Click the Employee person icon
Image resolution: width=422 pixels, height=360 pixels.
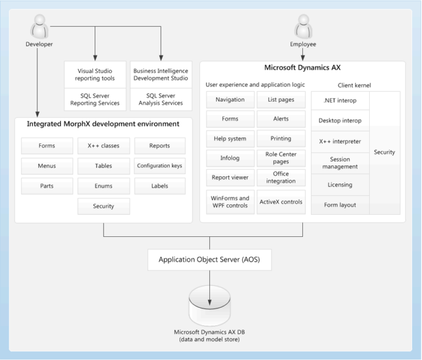point(303,26)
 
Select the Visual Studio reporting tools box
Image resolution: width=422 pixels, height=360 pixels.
point(96,75)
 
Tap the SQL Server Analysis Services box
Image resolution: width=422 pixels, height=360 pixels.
point(160,99)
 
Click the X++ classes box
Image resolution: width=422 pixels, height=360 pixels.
point(103,146)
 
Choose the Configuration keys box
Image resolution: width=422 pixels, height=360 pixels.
point(160,166)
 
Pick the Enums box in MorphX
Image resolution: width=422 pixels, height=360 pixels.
point(103,186)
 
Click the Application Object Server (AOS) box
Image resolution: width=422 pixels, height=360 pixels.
point(210,259)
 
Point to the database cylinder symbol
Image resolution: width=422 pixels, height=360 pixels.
point(209,305)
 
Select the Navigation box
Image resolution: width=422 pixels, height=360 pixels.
point(230,99)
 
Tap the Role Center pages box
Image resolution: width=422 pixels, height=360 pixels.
point(281,158)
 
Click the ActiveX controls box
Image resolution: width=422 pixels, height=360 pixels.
point(281,202)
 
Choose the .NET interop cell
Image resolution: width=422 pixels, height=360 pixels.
point(340,101)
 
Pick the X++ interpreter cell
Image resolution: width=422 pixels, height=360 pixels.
point(340,141)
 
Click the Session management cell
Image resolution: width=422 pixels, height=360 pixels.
point(340,163)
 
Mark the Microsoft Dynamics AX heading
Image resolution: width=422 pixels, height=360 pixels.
point(302,68)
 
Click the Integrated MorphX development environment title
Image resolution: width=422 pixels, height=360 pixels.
point(103,124)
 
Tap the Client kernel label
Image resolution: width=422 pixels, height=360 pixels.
point(354,85)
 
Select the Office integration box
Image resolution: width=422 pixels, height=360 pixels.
point(281,178)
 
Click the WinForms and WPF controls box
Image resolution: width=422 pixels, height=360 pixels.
point(230,202)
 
